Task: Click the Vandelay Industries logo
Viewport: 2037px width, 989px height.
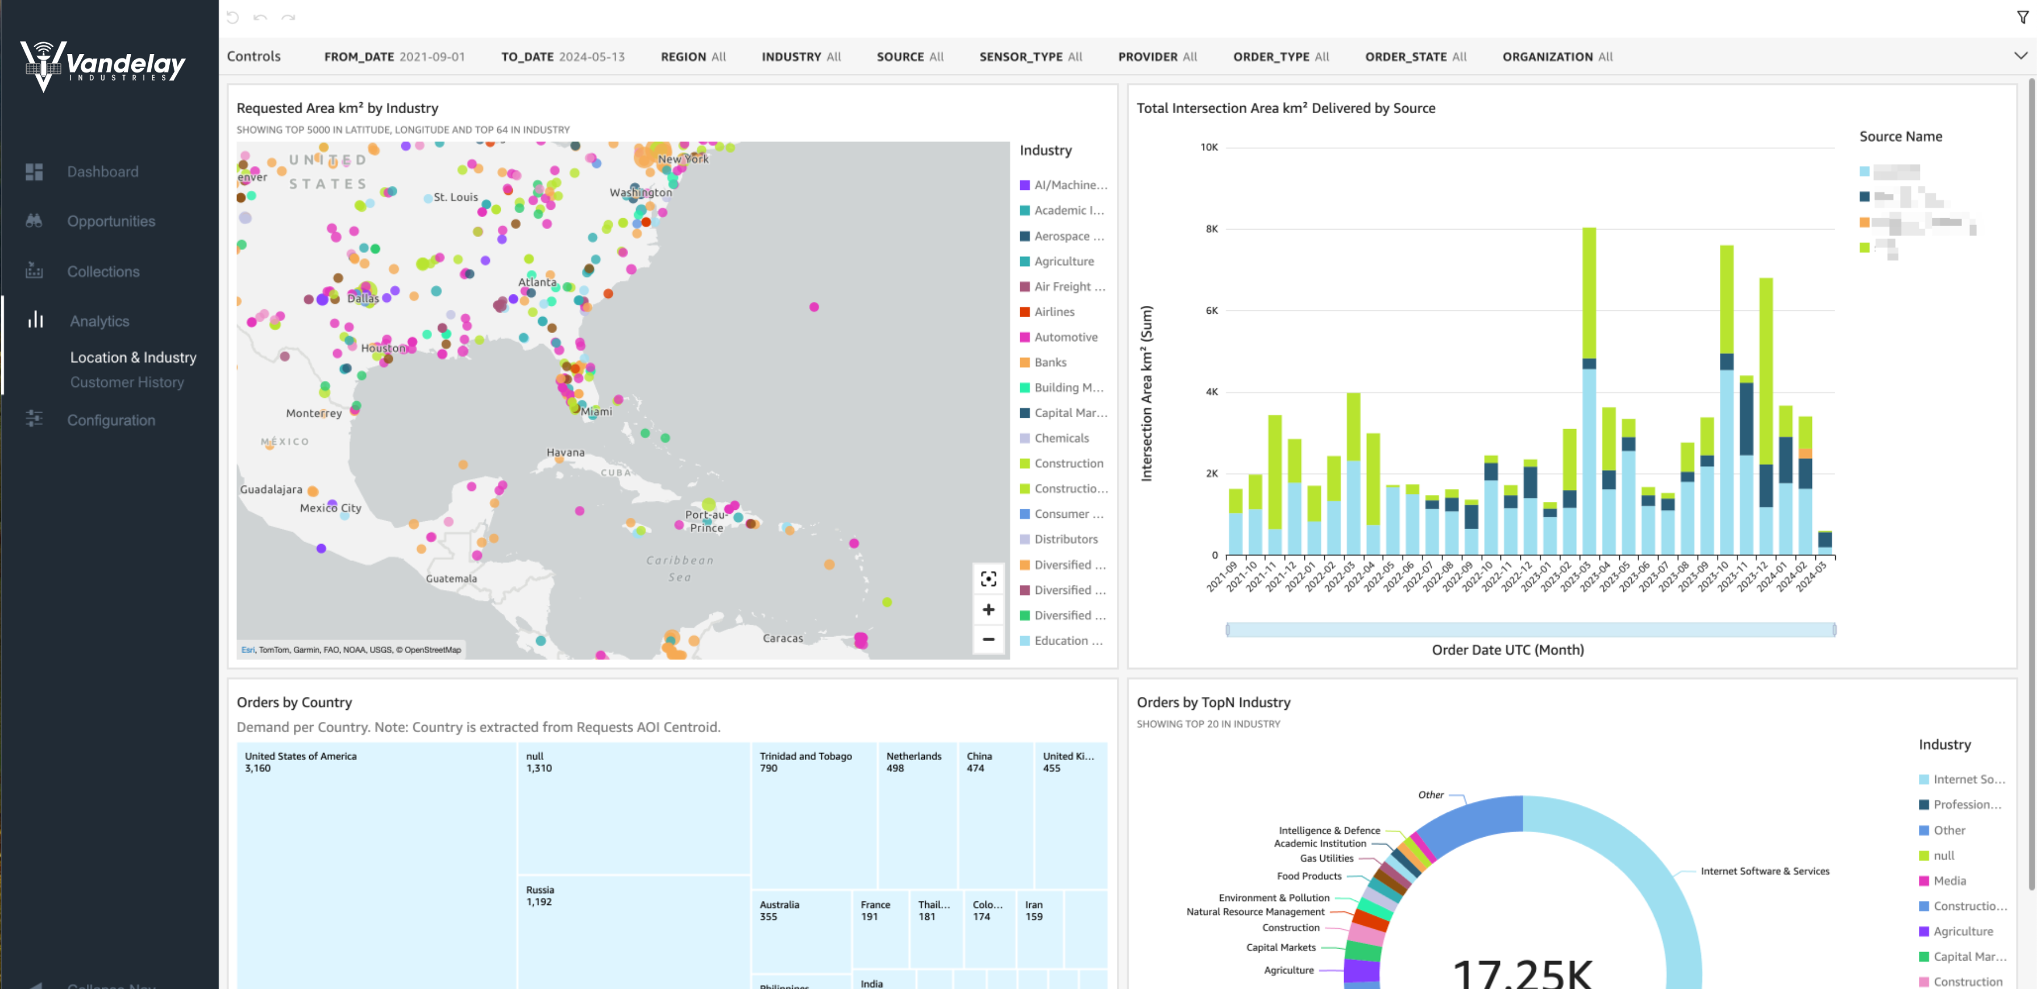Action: point(103,65)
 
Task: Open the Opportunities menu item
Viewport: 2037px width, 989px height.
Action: point(111,221)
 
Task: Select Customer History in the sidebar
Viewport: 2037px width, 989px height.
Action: point(127,383)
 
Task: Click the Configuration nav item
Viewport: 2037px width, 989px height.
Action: point(111,421)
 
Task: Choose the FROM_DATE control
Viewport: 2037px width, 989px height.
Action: point(394,57)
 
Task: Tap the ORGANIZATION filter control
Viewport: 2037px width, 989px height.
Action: point(1557,57)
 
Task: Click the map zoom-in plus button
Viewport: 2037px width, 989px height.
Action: point(988,609)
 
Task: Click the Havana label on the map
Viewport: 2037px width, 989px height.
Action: point(566,452)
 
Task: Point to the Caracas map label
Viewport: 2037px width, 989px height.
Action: point(782,638)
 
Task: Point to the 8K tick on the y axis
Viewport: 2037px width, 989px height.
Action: point(1211,229)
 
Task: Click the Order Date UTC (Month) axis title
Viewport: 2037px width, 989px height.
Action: point(1507,650)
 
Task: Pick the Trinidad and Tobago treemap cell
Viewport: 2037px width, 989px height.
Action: point(813,815)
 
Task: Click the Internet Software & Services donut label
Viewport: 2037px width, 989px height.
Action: point(1764,871)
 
